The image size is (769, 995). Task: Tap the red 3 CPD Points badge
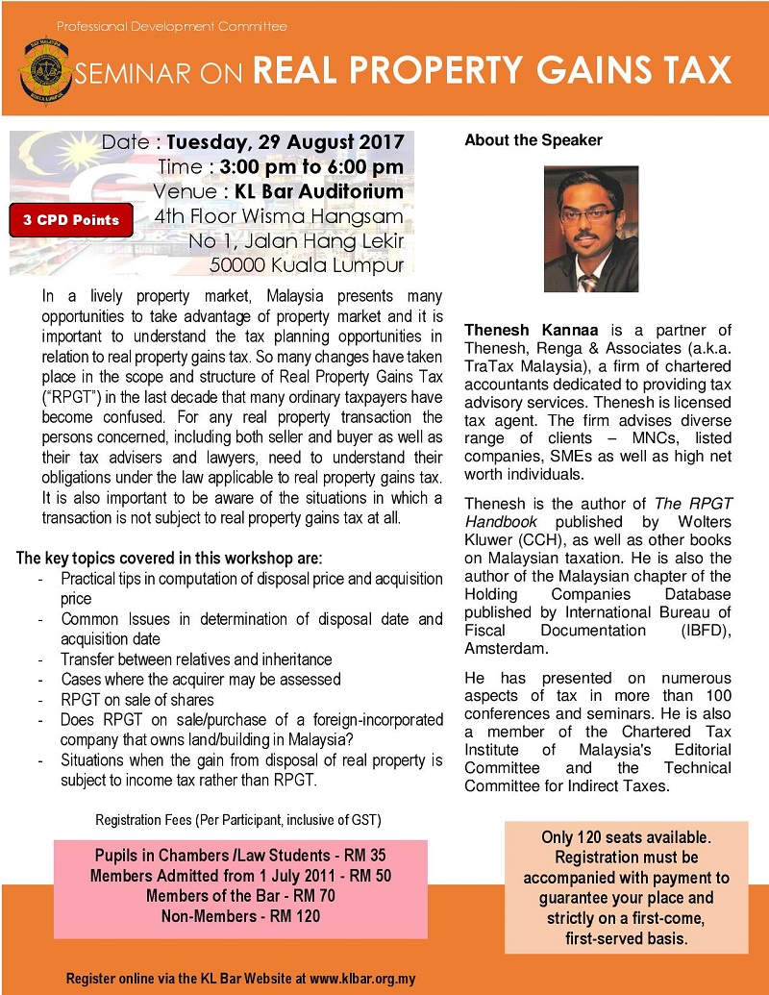point(72,219)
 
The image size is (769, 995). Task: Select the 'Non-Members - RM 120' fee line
point(240,916)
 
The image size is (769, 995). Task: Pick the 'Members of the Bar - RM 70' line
point(240,896)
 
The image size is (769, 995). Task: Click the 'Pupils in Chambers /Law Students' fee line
point(240,855)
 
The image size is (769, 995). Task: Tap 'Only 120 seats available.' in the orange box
point(626,837)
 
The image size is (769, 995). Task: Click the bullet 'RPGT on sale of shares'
point(137,699)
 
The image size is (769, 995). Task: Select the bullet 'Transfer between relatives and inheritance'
point(196,659)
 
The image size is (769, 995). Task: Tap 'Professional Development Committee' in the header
point(171,25)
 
